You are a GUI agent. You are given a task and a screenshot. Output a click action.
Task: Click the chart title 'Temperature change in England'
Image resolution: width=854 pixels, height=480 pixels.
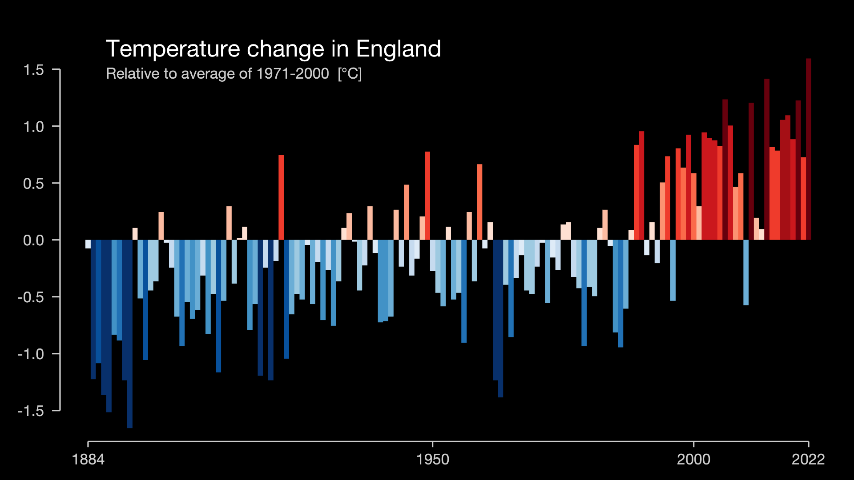[273, 49]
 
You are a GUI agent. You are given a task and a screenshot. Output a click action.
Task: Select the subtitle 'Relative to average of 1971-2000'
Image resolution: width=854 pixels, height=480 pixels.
[218, 74]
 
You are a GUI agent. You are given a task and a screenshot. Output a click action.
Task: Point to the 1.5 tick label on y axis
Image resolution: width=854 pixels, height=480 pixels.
[34, 70]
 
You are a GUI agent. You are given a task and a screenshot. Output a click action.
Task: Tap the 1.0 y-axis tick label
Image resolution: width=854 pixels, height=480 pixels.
[34, 127]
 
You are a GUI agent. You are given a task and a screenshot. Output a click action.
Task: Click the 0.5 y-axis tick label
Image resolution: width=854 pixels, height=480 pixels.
[34, 184]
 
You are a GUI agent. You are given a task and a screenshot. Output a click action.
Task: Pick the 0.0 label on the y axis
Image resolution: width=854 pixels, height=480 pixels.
[34, 240]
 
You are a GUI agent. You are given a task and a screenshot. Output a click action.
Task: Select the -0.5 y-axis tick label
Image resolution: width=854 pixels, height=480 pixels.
[31, 297]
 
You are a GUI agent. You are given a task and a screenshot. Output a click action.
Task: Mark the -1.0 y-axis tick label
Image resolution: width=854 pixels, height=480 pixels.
[31, 354]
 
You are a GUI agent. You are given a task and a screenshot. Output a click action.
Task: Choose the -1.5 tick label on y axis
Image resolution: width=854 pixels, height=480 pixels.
[31, 411]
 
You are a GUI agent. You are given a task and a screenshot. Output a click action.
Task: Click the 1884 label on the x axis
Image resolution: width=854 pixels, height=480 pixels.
[88, 460]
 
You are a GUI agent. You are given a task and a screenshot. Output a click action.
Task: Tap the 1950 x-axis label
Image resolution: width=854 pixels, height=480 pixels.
[433, 460]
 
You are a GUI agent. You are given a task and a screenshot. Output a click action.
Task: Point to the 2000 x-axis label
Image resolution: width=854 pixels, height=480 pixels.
[693, 460]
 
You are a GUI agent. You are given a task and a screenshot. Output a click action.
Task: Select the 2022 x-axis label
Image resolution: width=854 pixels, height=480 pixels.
[808, 460]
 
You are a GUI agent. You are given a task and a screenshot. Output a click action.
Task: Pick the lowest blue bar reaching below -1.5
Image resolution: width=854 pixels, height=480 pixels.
[130, 333]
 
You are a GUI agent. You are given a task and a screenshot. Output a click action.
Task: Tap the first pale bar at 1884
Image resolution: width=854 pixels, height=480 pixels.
[88, 244]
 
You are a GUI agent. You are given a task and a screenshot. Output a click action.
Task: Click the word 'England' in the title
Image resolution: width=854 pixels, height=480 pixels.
[399, 49]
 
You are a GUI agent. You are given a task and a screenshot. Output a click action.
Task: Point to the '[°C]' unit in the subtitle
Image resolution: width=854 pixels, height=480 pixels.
[350, 74]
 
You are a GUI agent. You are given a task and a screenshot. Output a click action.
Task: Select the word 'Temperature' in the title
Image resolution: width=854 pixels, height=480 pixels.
[173, 49]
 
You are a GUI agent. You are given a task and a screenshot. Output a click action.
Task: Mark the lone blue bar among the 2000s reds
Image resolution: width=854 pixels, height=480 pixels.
[746, 272]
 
